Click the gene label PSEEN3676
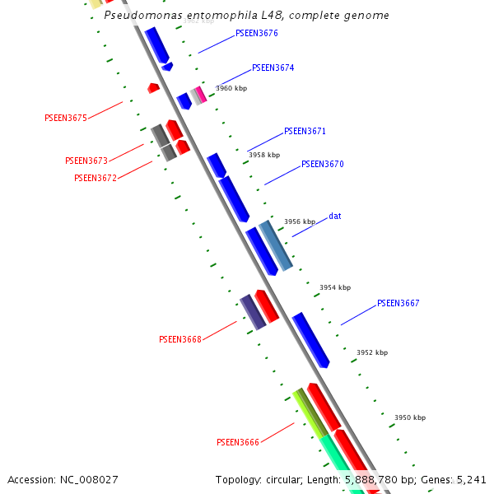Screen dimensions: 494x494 pos(256,34)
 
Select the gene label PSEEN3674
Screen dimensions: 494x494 pos(273,68)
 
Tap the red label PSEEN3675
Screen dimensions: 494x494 pos(65,119)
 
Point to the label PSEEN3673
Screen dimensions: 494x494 pos(86,161)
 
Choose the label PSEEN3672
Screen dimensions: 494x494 pos(95,178)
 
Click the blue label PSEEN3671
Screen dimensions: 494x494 pos(305,132)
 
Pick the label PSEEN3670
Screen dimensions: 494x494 pos(322,165)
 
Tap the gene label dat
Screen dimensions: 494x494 pos(334,217)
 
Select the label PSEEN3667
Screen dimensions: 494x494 pos(398,304)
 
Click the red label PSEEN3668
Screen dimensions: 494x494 pos(179,339)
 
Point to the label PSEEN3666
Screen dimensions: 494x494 pos(237,443)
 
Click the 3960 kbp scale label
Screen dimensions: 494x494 pos(231,89)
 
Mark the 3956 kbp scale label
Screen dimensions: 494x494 pos(300,222)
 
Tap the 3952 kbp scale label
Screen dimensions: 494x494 pos(372,353)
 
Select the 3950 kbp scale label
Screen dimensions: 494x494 pos(410,418)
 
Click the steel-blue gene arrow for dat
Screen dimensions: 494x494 pos(276,245)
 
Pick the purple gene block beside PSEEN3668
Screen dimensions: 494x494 pos(252,313)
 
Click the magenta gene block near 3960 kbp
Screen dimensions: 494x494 pos(201,94)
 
